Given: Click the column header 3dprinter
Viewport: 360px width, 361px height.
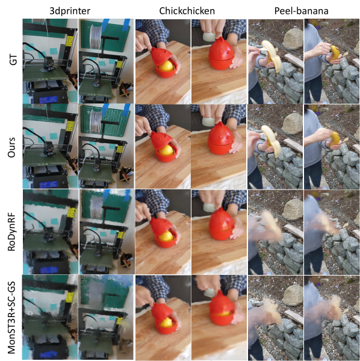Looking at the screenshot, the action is point(70,11).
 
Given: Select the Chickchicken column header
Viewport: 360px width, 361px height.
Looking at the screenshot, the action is point(187,11).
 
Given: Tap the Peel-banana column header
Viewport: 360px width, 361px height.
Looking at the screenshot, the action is point(301,11).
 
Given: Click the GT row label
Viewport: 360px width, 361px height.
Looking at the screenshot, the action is point(13,59).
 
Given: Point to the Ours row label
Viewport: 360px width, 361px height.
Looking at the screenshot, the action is point(11,147).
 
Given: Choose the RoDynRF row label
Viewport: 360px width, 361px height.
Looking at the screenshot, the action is point(11,232).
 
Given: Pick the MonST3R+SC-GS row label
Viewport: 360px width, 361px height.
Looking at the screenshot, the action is point(11,317).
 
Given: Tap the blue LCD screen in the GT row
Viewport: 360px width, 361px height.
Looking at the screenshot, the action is point(48,99).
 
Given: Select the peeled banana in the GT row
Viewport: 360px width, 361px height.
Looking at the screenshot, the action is point(272,55).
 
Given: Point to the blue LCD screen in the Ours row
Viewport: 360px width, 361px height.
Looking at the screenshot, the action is point(48,185).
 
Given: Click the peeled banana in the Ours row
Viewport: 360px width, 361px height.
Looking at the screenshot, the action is point(272,140).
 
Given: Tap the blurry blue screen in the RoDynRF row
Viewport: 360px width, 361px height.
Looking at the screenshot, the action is point(48,269).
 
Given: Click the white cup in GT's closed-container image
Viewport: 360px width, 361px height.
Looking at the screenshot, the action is point(209,37).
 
